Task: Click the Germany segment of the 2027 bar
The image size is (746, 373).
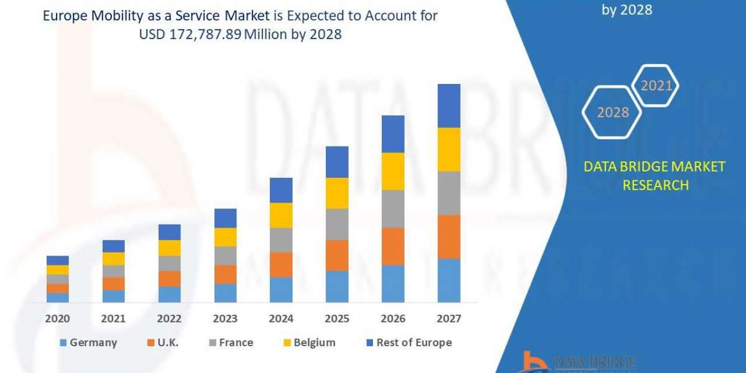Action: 449,280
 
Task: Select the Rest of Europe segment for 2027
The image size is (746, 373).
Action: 449,106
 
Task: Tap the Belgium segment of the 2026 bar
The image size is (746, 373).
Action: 393,171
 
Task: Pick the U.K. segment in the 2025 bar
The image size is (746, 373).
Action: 337,256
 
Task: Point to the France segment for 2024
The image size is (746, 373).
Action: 281,240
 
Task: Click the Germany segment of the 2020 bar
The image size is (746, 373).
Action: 58,298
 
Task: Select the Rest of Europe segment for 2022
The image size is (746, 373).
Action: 169,232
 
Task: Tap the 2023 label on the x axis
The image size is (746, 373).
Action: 225,319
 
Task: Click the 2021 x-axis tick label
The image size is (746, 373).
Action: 113,319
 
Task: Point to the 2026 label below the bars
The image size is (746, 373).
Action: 393,319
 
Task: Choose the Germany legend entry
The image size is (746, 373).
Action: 88,343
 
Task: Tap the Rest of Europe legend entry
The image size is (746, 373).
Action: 412,343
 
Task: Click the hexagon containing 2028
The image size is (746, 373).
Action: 613,113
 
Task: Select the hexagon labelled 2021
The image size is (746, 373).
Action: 656,86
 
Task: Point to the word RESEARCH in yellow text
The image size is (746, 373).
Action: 654,185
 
